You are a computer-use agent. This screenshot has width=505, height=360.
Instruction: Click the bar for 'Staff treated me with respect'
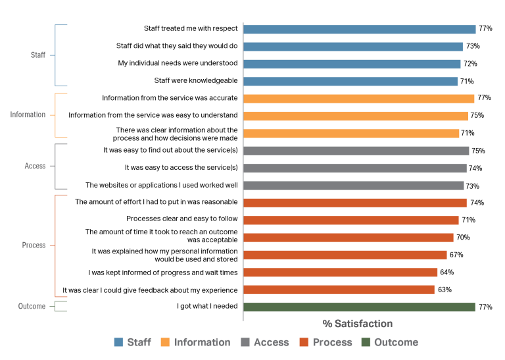click(x=359, y=29)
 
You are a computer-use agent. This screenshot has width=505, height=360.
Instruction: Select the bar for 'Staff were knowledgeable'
click(x=350, y=82)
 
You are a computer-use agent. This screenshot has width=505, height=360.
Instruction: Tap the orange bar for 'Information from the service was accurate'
click(x=358, y=99)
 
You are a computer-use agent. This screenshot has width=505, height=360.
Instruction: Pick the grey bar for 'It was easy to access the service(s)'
click(x=355, y=168)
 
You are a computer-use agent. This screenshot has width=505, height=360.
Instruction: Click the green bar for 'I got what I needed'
click(x=359, y=307)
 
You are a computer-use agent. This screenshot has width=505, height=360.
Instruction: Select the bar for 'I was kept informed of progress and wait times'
click(x=340, y=272)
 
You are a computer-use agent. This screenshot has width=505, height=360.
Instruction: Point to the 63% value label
click(x=445, y=290)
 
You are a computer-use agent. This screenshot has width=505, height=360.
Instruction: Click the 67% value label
click(x=456, y=255)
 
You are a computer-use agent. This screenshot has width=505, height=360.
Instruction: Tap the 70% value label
click(x=463, y=238)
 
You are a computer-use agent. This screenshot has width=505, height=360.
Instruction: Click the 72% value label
click(x=470, y=64)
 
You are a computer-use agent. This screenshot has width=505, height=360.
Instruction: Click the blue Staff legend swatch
click(x=118, y=342)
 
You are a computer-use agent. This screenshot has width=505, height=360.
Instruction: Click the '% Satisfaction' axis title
click(x=357, y=324)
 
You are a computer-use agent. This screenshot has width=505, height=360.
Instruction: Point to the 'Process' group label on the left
click(x=34, y=245)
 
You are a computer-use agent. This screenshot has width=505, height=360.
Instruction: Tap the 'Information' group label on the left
click(x=28, y=115)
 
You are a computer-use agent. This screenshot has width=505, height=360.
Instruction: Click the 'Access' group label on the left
click(x=35, y=167)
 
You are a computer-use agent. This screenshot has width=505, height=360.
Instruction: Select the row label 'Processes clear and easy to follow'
click(x=181, y=219)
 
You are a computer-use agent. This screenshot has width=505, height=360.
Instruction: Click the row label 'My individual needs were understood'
click(x=178, y=64)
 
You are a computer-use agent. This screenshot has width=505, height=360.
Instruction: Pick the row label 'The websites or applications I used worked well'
click(x=162, y=186)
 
